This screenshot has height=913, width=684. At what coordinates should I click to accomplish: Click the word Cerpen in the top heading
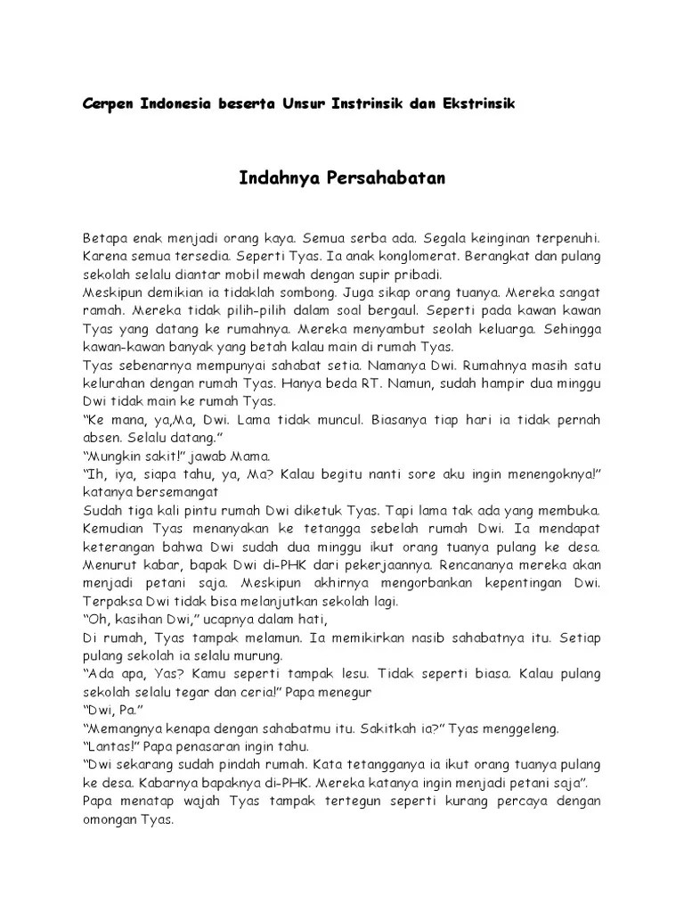click(106, 103)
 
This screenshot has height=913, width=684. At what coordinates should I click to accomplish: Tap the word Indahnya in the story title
click(273, 178)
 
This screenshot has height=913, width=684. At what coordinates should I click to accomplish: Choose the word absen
click(102, 437)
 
